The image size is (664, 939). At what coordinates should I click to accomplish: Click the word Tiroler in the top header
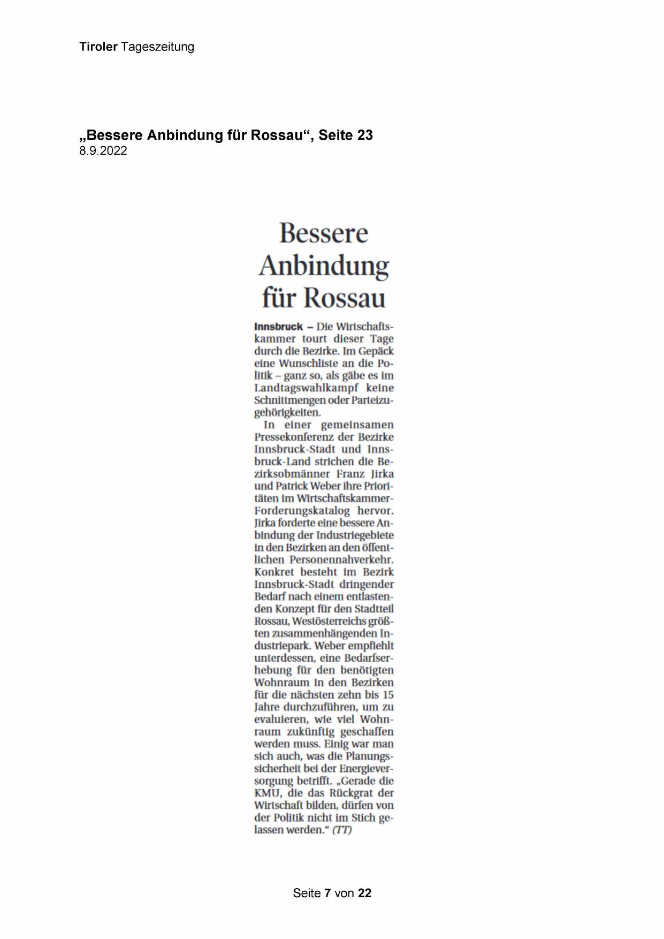(x=98, y=47)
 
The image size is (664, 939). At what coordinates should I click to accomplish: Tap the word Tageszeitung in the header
(x=157, y=47)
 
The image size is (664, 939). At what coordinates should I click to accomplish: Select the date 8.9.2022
(x=103, y=151)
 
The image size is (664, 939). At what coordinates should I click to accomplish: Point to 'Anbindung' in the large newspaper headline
(x=324, y=266)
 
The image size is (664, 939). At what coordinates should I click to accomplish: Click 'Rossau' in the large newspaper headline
(x=345, y=298)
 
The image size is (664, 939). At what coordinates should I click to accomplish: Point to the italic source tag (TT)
(x=342, y=830)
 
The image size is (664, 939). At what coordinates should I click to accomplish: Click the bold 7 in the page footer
(x=327, y=893)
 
